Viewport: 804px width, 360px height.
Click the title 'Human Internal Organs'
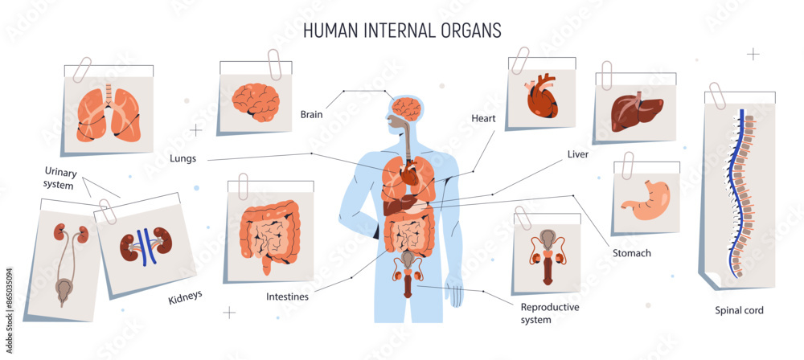[x=402, y=30]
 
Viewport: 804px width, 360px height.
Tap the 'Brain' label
[x=311, y=115]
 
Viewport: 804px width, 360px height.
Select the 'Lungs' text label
[x=183, y=158]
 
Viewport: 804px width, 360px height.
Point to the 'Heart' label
[x=483, y=119]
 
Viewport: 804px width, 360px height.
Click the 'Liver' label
[x=578, y=153]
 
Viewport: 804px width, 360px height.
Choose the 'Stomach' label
[x=632, y=253]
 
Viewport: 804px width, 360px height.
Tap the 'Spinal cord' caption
[x=739, y=309]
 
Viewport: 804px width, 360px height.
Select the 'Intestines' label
[x=287, y=297]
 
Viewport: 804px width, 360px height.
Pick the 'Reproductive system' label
[x=550, y=313]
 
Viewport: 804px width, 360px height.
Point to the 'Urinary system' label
[x=59, y=178]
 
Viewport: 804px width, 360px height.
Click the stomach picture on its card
[x=645, y=200]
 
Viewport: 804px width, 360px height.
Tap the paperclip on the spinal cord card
[x=717, y=94]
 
